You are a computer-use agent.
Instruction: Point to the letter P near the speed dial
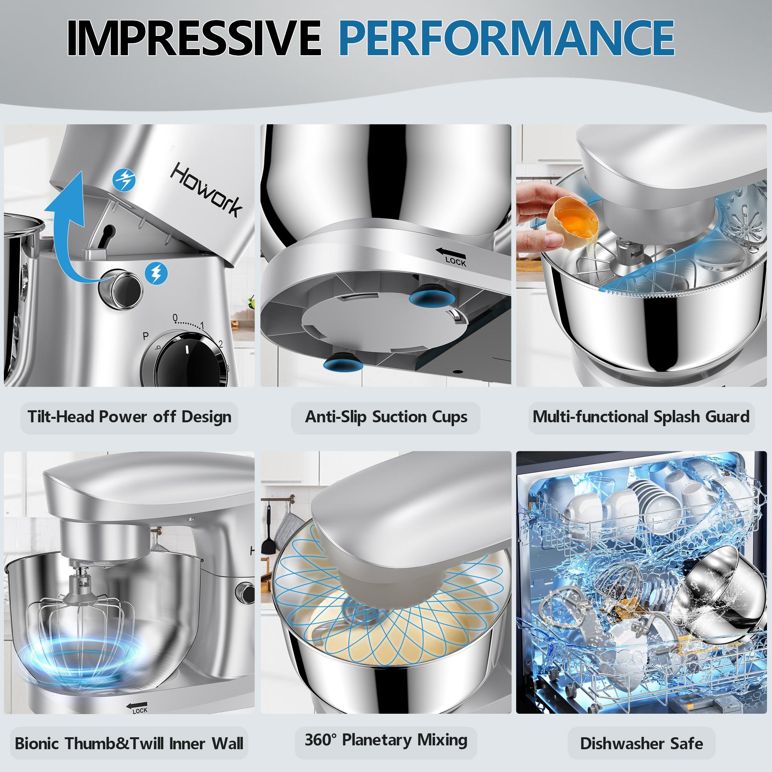coord(146,337)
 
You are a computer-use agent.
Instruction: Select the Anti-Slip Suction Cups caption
coord(386,417)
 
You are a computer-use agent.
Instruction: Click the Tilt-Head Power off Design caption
coord(129,417)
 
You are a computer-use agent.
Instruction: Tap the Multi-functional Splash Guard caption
coord(641,417)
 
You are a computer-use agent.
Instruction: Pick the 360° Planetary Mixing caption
coord(386,740)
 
